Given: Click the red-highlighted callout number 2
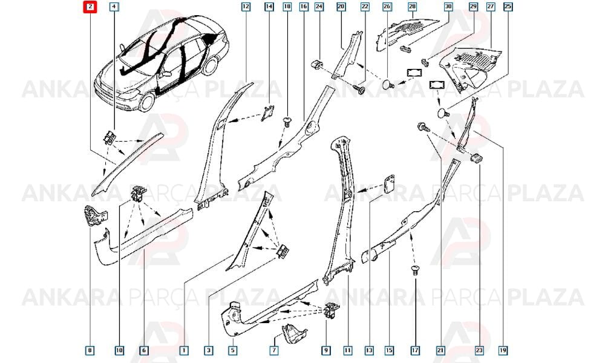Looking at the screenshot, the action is point(90,7).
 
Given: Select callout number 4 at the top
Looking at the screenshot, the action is point(114,7).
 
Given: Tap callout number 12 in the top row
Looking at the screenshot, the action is point(246,7).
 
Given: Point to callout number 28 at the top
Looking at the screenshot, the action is point(412,7).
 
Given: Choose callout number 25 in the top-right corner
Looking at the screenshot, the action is point(508,7).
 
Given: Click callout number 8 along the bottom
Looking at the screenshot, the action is point(90,350).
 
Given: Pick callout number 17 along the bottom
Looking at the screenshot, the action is point(415,350).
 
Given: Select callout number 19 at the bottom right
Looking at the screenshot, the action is point(503,350).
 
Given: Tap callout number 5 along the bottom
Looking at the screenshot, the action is point(233,350).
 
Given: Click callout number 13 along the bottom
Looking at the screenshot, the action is point(369,350).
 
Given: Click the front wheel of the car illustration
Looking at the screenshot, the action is point(148,100).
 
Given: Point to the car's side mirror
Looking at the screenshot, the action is point(167,73).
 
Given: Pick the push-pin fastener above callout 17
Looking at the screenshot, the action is point(415,270).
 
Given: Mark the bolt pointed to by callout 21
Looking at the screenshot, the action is point(423,127).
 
